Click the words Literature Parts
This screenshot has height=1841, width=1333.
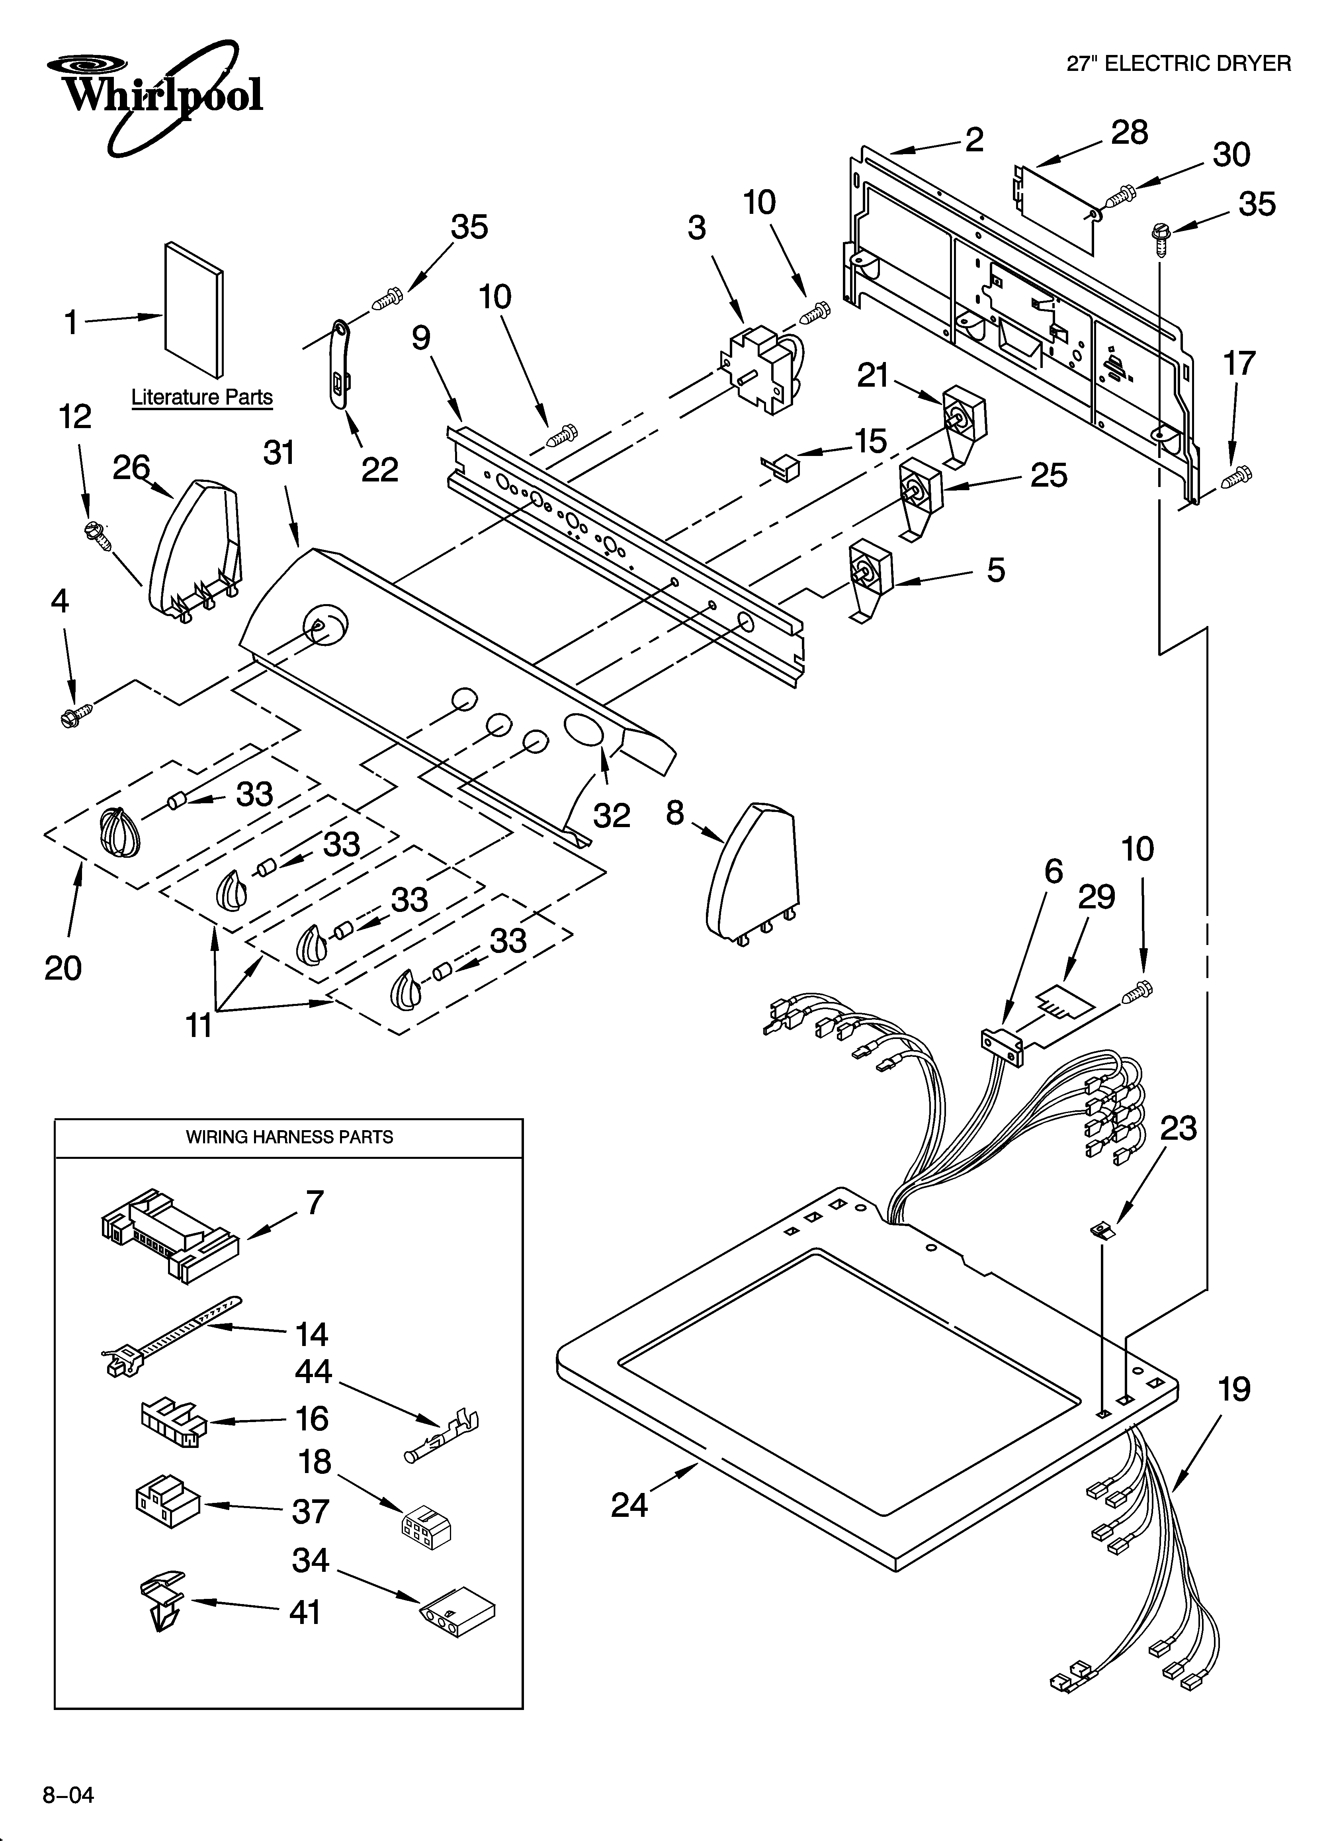[x=201, y=397]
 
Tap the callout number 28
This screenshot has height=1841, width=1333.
[x=1129, y=132]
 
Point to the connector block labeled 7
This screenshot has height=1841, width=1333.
[x=170, y=1234]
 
